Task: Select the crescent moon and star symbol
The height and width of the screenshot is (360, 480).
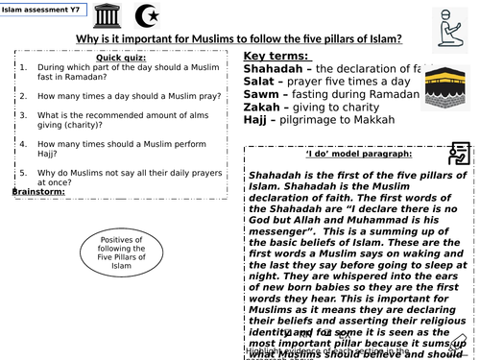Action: (x=151, y=16)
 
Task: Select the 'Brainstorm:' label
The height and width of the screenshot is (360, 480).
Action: (x=38, y=192)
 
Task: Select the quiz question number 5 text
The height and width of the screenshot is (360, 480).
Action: (x=125, y=177)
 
